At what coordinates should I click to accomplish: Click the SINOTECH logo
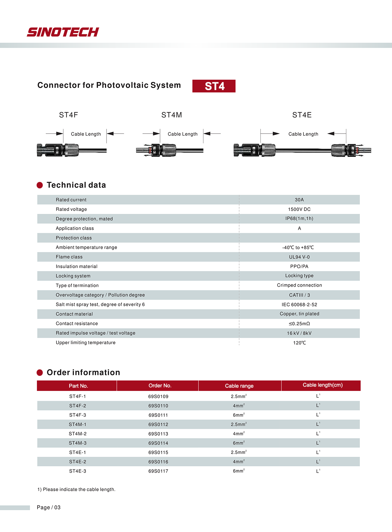click(63, 32)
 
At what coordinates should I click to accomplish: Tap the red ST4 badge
click(214, 86)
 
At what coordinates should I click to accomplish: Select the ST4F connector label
click(68, 115)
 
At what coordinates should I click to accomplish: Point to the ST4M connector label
click(171, 115)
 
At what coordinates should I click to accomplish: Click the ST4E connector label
click(302, 115)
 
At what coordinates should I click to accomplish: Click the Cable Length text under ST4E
click(303, 134)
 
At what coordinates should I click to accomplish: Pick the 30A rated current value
click(299, 200)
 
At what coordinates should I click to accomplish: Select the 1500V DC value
click(299, 209)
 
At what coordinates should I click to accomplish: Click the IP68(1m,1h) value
click(299, 218)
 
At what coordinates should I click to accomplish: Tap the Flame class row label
click(69, 257)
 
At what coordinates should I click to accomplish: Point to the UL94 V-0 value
click(299, 257)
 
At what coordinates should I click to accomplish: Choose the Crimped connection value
click(299, 285)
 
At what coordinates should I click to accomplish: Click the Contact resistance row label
click(77, 324)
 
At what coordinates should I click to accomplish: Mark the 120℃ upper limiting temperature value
click(299, 343)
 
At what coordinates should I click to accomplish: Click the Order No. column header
click(160, 386)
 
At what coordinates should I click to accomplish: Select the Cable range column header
click(239, 386)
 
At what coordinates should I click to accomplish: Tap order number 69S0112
click(158, 425)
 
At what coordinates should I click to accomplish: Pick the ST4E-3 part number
click(78, 471)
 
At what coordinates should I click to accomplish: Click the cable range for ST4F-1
click(238, 396)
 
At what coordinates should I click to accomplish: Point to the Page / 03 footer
click(49, 508)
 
